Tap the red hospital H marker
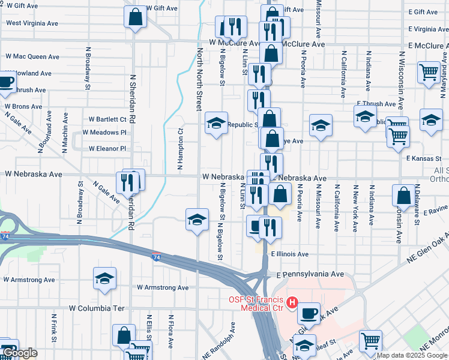pyautogui.click(x=292, y=302)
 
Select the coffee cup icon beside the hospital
pyautogui.click(x=309, y=313)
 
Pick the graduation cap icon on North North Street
pyautogui.click(x=197, y=221)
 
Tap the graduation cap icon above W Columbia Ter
pyautogui.click(x=104, y=279)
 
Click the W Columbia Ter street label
pyautogui.click(x=97, y=308)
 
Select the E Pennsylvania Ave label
pyautogui.click(x=310, y=274)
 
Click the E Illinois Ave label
pyautogui.click(x=289, y=254)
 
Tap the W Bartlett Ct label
pyautogui.click(x=107, y=119)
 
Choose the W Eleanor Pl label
pyautogui.click(x=107, y=148)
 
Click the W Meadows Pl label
pyautogui.click(x=104, y=132)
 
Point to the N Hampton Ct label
pyautogui.click(x=179, y=149)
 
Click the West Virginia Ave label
pyautogui.click(x=32, y=23)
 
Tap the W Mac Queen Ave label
pyautogui.click(x=32, y=56)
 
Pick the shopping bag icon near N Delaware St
pyautogui.click(x=404, y=196)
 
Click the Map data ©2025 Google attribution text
pyautogui.click(x=412, y=355)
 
